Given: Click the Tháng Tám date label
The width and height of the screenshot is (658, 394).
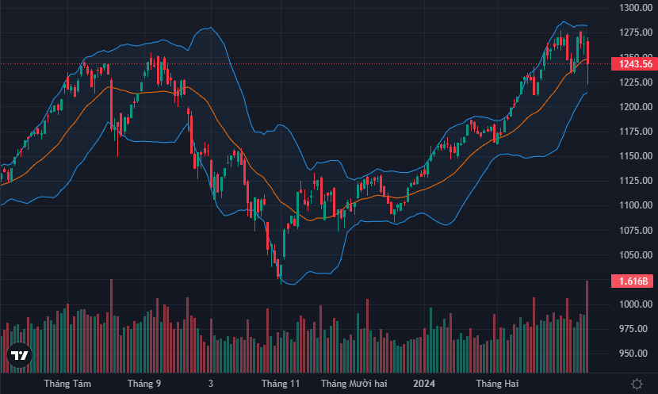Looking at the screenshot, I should pyautogui.click(x=67, y=384).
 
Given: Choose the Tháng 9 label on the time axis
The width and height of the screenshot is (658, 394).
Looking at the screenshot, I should pyautogui.click(x=144, y=384).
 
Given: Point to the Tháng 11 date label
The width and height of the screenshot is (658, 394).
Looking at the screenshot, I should pyautogui.click(x=281, y=384).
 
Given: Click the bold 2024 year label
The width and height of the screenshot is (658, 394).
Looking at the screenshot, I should pyautogui.click(x=424, y=384).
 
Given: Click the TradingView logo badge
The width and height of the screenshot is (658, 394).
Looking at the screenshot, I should pyautogui.click(x=19, y=357).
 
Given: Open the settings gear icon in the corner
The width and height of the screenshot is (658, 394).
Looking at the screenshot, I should pyautogui.click(x=637, y=384).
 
